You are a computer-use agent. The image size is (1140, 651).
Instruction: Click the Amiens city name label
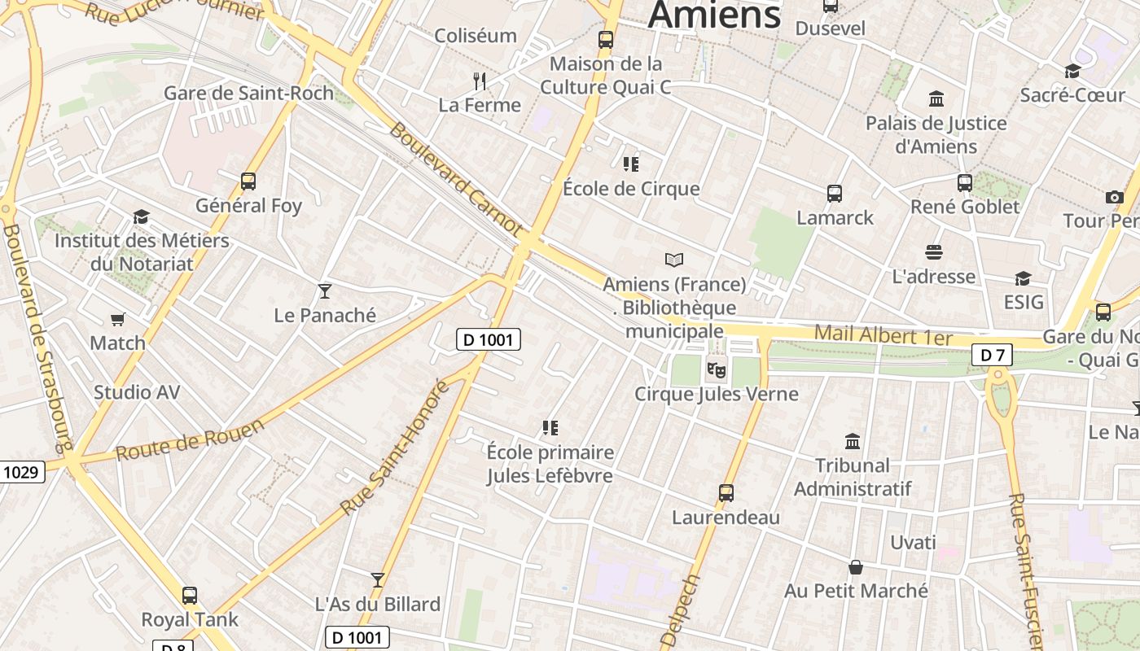pos(714,15)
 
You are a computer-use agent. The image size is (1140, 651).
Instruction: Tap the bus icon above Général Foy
pos(248,181)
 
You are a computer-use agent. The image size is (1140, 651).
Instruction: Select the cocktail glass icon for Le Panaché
pos(325,291)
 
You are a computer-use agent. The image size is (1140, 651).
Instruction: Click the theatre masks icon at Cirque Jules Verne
pos(717,370)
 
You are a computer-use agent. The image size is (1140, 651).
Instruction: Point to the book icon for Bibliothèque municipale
pos(674,260)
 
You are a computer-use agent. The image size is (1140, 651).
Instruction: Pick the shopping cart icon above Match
pos(118,319)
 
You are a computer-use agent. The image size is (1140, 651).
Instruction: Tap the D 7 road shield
pos(992,355)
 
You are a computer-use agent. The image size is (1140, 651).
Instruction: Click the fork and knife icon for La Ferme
pos(480,81)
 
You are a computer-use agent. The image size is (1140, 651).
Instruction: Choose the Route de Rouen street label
pos(190,440)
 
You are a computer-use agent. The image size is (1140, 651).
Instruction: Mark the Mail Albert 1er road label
pos(883,334)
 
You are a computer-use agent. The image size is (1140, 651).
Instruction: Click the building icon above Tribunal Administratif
pos(853,441)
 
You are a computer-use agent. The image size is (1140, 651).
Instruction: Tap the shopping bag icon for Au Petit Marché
pos(856,567)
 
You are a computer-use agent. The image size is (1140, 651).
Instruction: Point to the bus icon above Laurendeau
pos(726,493)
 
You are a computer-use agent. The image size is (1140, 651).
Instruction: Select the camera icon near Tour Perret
pos(1115,197)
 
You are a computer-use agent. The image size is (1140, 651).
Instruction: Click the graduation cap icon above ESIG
pos(1023,278)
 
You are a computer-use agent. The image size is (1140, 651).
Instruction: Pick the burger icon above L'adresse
pos(933,252)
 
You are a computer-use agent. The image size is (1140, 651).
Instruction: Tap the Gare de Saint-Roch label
pos(248,93)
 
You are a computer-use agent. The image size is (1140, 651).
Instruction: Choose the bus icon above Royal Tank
pos(190,596)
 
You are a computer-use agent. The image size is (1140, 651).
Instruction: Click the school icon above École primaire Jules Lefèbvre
pos(550,428)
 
